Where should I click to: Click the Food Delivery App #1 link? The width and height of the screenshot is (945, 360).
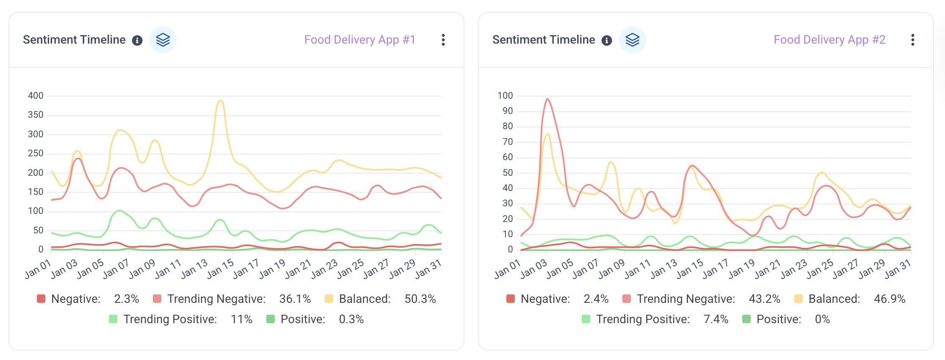359,40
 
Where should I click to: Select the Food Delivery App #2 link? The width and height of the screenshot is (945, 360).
829,40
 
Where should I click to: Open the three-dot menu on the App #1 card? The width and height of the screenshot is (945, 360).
443,40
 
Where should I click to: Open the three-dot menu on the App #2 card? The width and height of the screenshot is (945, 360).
912,40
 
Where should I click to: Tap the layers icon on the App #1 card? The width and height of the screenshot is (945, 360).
163,40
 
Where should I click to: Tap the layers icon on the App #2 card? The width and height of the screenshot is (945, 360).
632,40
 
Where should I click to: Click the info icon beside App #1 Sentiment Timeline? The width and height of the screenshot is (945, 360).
137,40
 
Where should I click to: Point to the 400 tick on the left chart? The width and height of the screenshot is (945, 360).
36,96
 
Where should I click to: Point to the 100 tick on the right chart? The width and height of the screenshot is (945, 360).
505,96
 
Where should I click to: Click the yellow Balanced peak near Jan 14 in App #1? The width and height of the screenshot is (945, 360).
220,101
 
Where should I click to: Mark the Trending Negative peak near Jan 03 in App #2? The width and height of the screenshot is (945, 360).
547,100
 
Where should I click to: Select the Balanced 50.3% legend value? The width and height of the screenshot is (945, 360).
420,299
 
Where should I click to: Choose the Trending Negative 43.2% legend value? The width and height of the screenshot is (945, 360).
764,299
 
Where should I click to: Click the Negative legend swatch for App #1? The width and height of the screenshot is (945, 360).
41,299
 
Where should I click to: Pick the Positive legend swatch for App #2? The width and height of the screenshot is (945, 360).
746,319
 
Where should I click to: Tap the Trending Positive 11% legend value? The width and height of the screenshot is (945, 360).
241,319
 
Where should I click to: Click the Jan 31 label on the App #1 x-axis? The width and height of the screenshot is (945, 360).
428,269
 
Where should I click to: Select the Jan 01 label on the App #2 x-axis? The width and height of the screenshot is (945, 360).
507,270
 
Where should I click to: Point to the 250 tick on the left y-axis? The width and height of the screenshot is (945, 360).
36,153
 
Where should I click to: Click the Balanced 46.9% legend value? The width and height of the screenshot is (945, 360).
889,299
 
